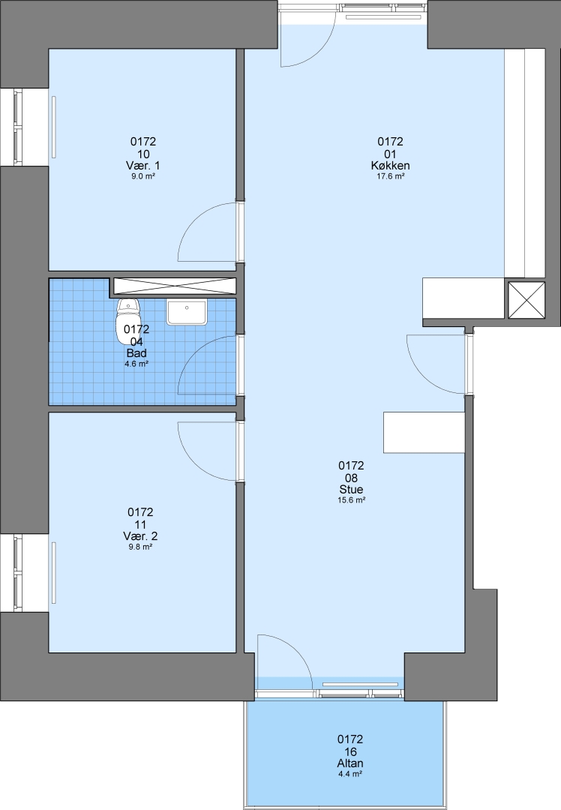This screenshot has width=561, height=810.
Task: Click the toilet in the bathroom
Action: [128, 320]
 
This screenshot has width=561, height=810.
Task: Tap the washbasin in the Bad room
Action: [187, 311]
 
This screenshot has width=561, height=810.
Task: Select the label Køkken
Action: [390, 165]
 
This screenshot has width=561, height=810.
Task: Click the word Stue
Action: [351, 489]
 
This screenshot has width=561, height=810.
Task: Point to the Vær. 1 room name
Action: [143, 165]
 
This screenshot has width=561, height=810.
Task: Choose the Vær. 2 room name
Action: [140, 536]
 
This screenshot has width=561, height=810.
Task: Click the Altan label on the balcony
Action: [350, 763]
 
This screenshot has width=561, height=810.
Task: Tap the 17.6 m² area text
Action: [390, 176]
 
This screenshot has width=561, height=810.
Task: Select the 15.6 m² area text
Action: [351, 500]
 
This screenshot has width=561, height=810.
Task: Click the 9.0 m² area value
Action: [143, 176]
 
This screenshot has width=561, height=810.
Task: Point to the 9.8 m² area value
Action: [140, 547]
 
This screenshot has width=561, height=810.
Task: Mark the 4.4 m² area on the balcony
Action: [350, 774]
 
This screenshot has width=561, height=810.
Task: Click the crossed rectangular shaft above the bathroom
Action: [175, 286]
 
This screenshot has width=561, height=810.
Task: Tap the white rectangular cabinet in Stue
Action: [424, 433]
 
